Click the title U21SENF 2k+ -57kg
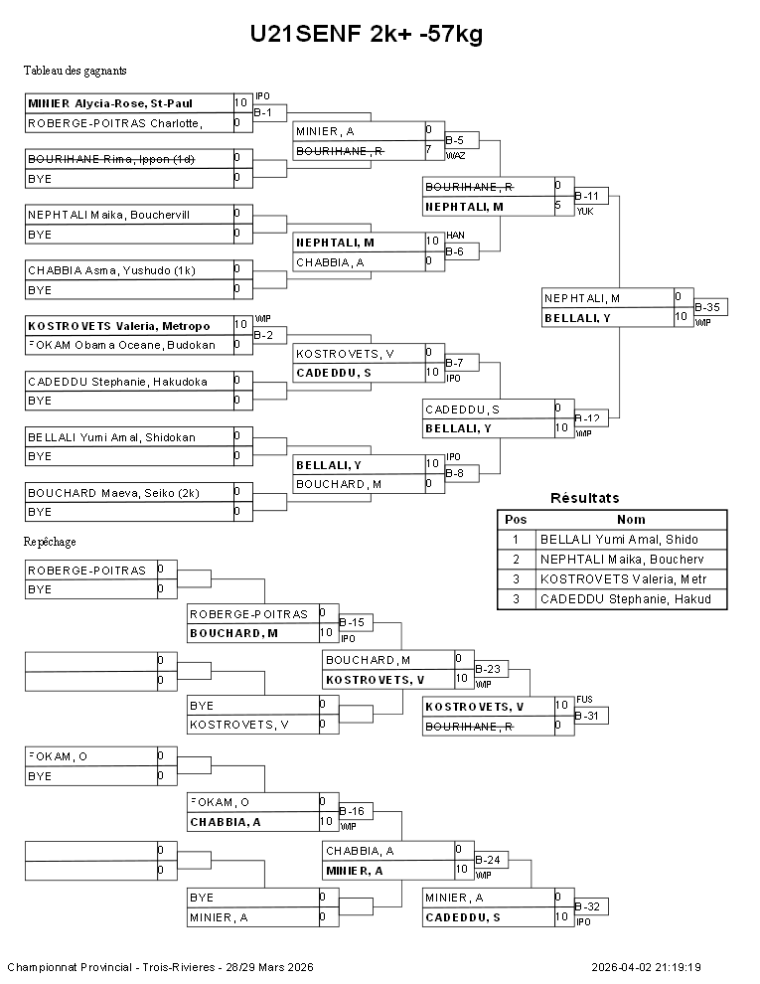tap(367, 35)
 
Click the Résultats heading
tap(584, 498)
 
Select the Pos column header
tap(516, 519)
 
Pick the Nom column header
tap(631, 519)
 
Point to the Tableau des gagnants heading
tap(75, 71)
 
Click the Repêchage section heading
tap(50, 542)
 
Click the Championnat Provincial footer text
tap(160, 967)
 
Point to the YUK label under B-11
tap(584, 212)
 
